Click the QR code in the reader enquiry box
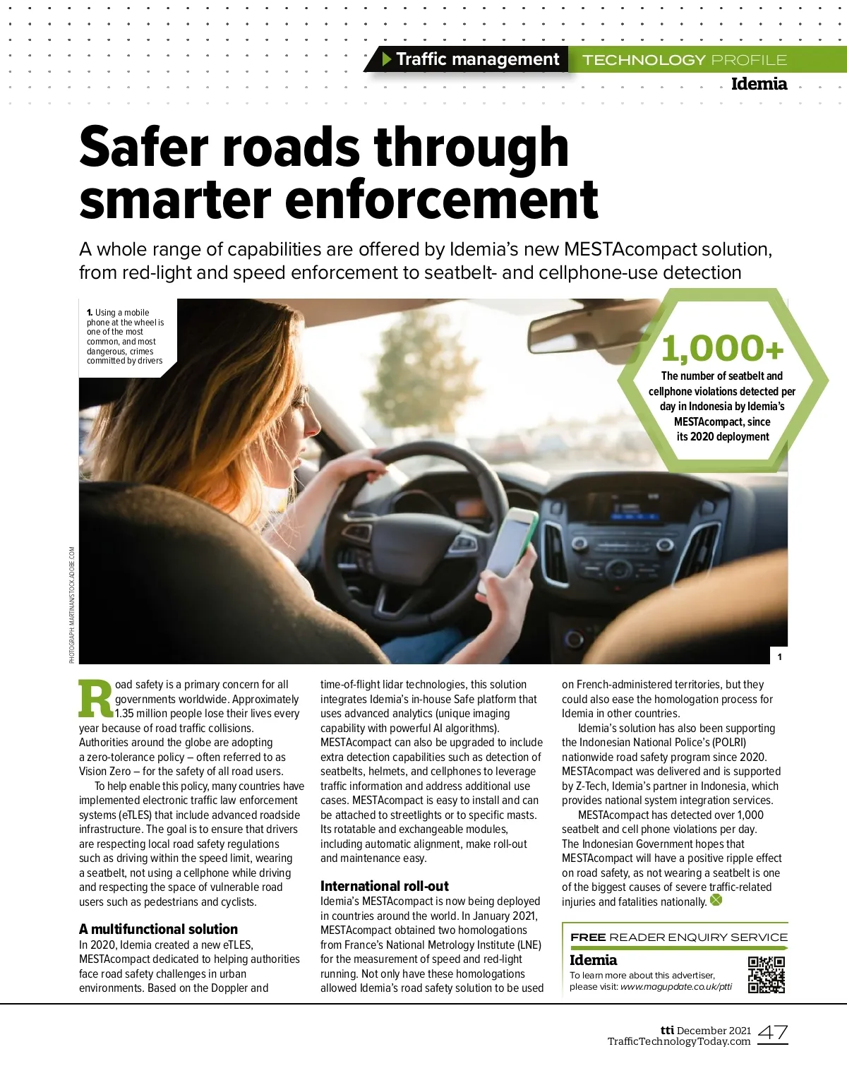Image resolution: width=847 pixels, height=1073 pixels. click(x=767, y=975)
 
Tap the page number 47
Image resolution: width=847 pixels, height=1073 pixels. click(x=773, y=1033)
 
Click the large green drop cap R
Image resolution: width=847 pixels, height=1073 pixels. click(x=95, y=699)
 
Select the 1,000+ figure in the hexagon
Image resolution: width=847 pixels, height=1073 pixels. click(x=722, y=348)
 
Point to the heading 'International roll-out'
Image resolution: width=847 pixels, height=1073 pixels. click(x=384, y=886)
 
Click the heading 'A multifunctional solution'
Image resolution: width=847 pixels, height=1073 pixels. click(x=158, y=929)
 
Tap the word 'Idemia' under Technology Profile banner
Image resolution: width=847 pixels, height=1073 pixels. click(x=759, y=84)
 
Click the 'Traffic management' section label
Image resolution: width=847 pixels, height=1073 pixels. click(x=477, y=59)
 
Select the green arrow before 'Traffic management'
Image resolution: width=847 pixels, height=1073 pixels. click(x=386, y=59)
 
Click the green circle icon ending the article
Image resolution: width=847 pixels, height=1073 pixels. click(x=716, y=900)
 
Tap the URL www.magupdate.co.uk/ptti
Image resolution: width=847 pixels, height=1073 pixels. click(x=676, y=987)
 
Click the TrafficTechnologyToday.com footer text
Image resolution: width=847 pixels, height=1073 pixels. click(x=678, y=1041)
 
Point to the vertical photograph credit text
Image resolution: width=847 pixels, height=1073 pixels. click(x=72, y=605)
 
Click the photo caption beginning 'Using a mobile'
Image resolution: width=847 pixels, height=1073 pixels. click(x=126, y=337)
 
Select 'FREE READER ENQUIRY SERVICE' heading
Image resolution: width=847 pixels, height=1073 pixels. click(x=678, y=937)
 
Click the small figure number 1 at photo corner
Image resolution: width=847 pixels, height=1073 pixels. click(x=779, y=657)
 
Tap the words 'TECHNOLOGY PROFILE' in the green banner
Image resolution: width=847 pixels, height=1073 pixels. click(x=685, y=60)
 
